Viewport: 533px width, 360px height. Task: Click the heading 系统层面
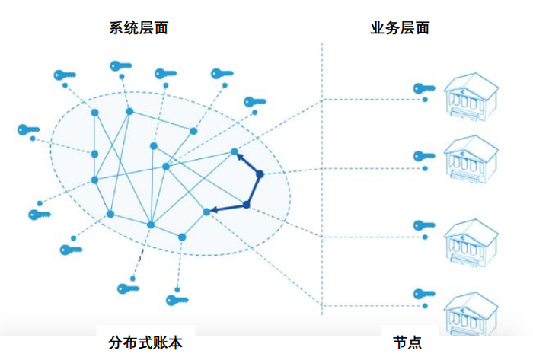pyautogui.click(x=139, y=28)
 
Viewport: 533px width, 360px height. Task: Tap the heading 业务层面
pyautogui.click(x=399, y=28)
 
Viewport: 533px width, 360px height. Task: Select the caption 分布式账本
pyautogui.click(x=145, y=343)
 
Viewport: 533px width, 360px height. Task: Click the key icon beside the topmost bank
pyautogui.click(x=423, y=88)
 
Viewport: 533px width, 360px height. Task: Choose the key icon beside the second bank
pyautogui.click(x=423, y=156)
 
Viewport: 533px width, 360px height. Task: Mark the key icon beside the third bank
pyautogui.click(x=423, y=225)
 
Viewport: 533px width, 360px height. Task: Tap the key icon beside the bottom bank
pyautogui.click(x=423, y=295)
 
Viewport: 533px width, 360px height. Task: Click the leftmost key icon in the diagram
pyautogui.click(x=28, y=129)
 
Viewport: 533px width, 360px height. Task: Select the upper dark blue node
pyautogui.click(x=260, y=174)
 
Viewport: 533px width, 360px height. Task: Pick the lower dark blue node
pyautogui.click(x=247, y=204)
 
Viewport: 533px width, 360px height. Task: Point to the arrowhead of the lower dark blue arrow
pyautogui.click(x=212, y=210)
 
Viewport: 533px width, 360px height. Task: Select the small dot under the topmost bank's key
pyautogui.click(x=425, y=100)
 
